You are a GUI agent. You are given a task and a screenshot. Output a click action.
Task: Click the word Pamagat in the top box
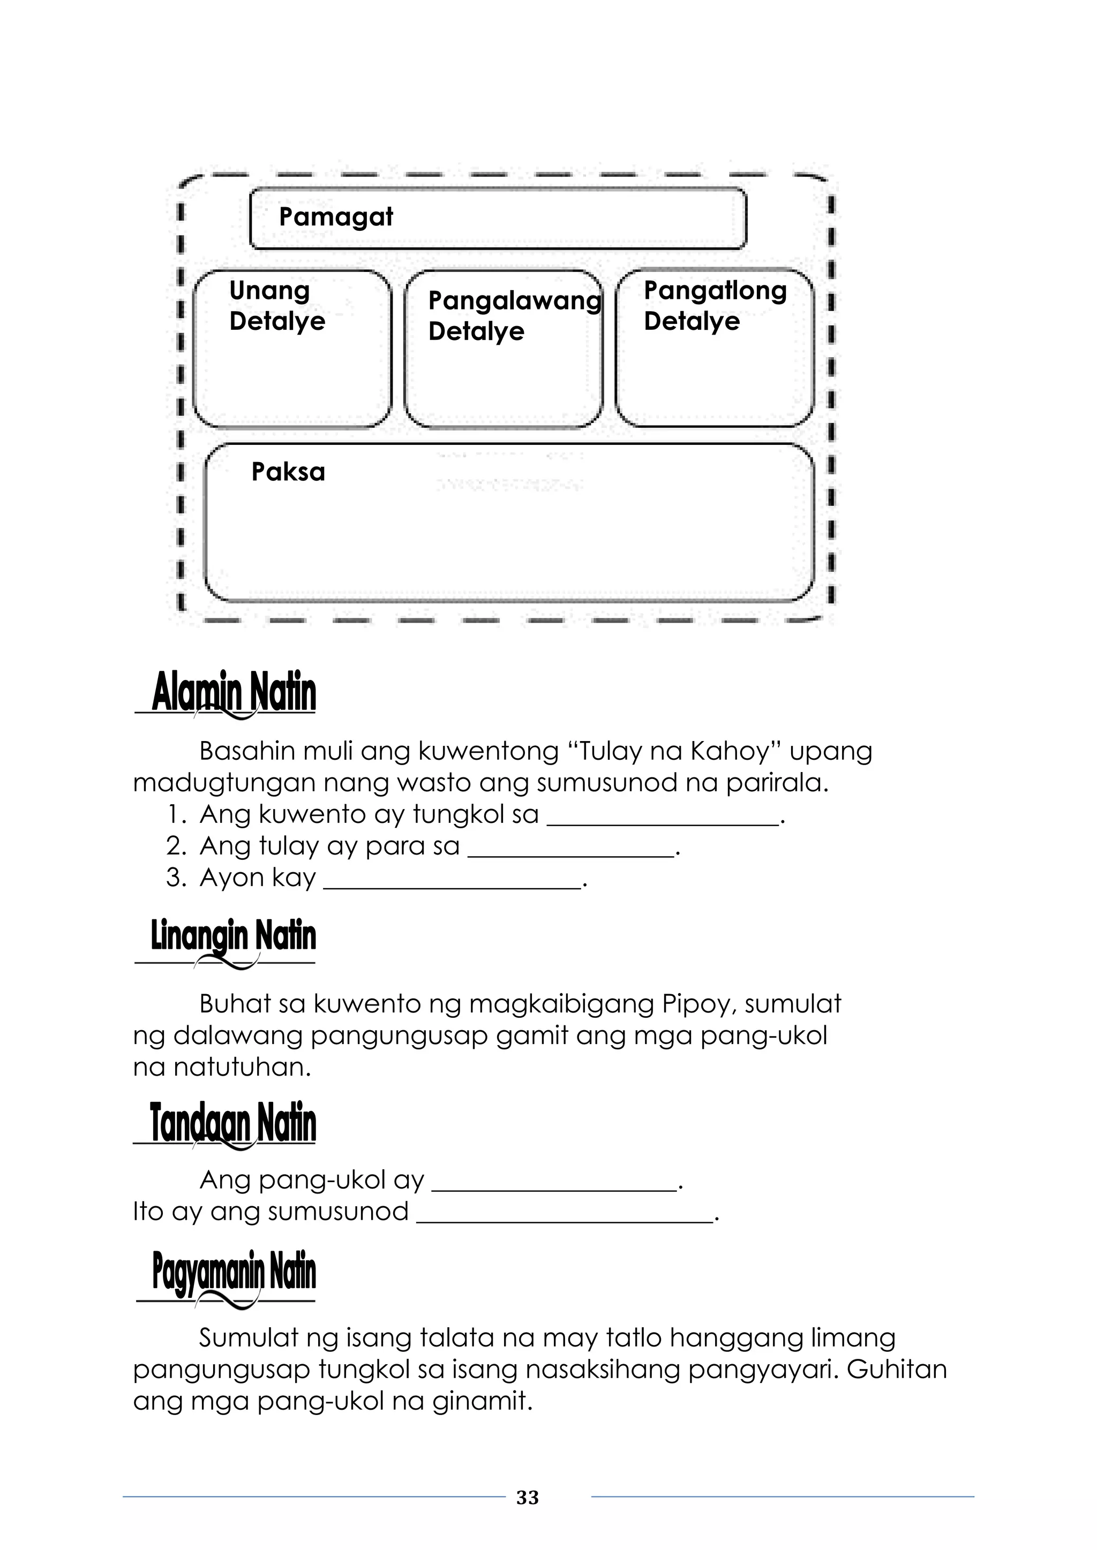pos(336,217)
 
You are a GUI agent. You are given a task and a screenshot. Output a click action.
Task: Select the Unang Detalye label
pos(277,305)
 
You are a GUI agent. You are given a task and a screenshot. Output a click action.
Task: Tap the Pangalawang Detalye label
pos(513,315)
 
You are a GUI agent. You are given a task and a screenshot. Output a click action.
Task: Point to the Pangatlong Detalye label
pos(715,305)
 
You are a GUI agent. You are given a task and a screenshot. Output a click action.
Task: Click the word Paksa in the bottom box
pos(288,472)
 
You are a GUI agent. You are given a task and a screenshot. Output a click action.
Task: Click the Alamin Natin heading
pos(234,693)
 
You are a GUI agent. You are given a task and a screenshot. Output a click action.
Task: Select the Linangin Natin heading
pos(233,936)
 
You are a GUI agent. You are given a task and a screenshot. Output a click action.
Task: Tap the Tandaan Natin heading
pos(232,1123)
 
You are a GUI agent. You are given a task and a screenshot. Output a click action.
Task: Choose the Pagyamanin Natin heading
pos(234,1272)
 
